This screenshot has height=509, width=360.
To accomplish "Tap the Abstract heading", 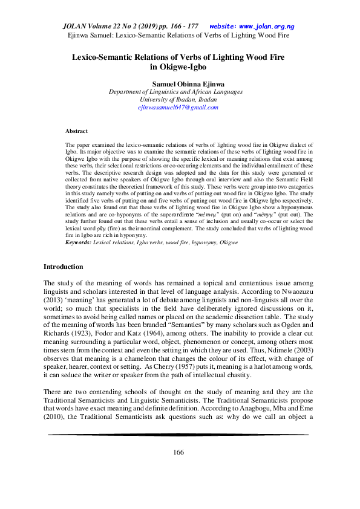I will pos(76,131).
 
